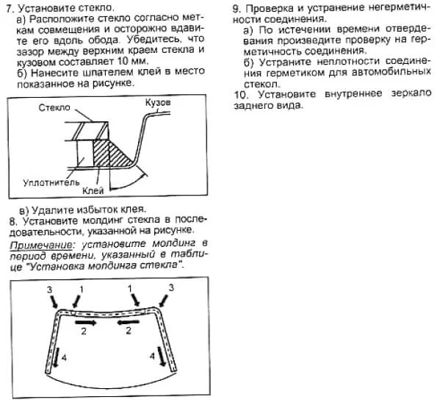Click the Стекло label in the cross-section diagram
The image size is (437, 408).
(54, 107)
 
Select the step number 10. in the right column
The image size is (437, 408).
(241, 96)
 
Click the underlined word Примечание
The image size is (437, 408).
(40, 242)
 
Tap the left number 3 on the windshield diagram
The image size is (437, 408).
(49, 291)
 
